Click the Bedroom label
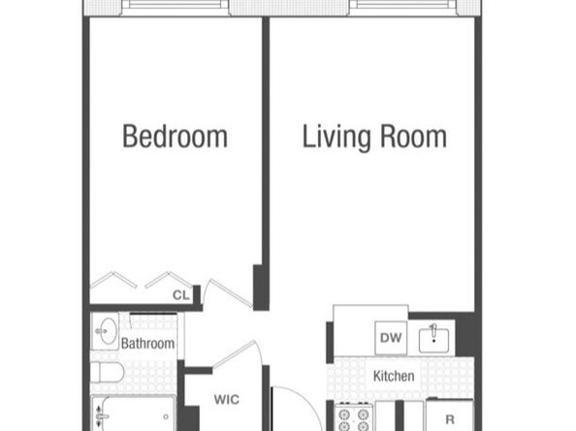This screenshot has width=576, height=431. pos(175,137)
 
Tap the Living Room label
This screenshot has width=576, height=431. pos(374,138)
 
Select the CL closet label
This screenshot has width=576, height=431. pos(181,295)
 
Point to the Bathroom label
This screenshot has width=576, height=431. pos(147,344)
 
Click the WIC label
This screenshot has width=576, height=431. pos(227,399)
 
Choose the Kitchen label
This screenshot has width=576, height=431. pos(394,376)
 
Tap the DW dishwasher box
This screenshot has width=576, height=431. pos(391,338)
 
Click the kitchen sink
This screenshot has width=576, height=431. pos(433,340)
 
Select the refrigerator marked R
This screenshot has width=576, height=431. pos(450,415)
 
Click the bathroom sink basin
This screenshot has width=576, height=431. pos(108,331)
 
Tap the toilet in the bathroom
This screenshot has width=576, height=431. pos(107,373)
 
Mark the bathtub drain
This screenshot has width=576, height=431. pos(166,416)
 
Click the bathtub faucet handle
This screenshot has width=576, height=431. pos(101,416)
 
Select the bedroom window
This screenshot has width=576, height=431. pos(175,5)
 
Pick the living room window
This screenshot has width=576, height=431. pos(403,5)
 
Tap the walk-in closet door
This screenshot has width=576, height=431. pos(235,354)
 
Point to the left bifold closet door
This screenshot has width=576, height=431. pos(113,280)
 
